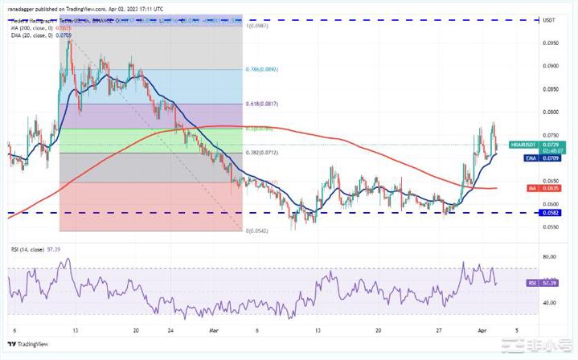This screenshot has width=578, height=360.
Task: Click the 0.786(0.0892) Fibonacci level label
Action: coord(263,69)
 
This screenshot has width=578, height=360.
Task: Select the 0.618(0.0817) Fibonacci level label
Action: coord(263,104)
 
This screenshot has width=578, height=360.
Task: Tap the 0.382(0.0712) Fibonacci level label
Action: coord(263,152)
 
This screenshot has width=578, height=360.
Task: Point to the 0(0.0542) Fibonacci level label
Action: coord(256,230)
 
